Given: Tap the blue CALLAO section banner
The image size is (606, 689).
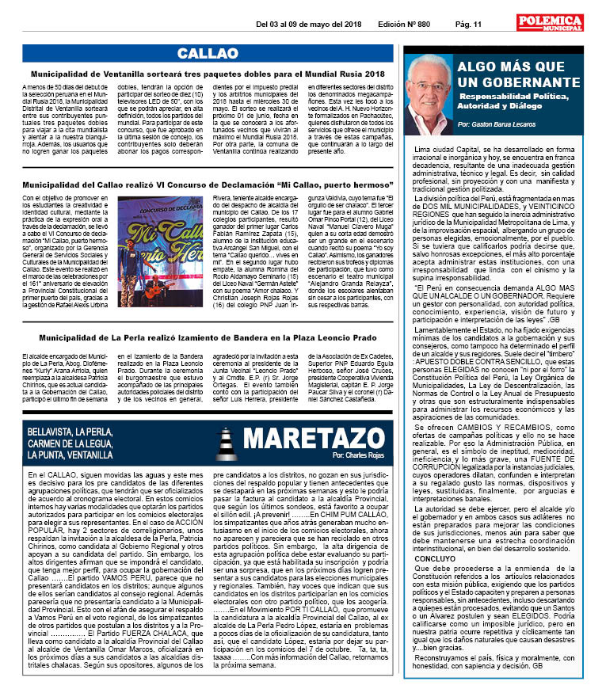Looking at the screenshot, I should (208, 53).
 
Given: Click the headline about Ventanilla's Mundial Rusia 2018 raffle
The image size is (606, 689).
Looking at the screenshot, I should (208, 74).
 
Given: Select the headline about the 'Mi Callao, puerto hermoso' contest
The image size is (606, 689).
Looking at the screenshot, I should (208, 184).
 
